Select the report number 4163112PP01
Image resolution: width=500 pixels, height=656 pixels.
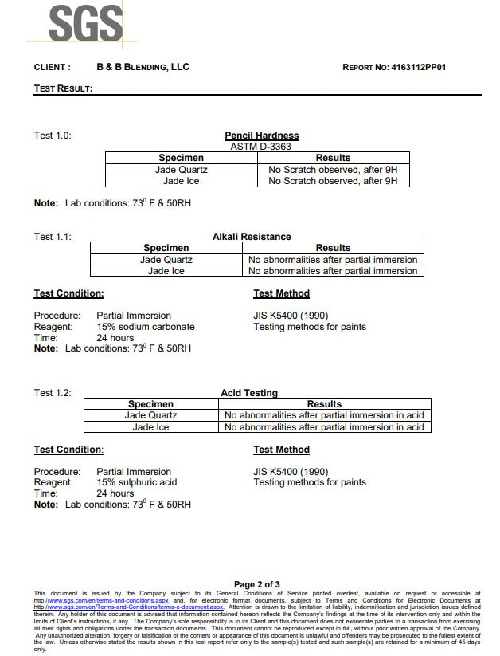(419, 68)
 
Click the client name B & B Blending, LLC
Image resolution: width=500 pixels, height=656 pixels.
(143, 68)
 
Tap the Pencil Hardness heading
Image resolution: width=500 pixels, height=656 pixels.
(261, 136)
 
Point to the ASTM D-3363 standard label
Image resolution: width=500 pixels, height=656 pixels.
(261, 147)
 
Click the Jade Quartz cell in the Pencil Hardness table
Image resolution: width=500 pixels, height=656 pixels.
(182, 170)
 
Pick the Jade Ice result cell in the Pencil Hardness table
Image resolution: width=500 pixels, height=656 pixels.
(333, 181)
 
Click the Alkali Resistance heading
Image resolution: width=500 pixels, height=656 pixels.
(252, 237)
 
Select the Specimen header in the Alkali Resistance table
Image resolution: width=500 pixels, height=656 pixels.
(166, 248)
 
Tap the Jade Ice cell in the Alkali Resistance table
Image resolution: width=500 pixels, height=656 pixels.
(166, 271)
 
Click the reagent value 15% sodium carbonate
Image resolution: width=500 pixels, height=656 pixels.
(145, 327)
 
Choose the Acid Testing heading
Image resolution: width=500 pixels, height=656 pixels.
(249, 393)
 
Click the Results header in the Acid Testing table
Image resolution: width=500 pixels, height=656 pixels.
(324, 404)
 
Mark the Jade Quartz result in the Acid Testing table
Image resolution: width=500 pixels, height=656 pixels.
(324, 415)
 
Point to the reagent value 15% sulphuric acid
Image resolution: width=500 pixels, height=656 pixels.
(136, 482)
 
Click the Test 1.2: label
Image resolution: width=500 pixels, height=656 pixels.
(53, 393)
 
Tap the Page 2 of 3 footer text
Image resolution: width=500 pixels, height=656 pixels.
(256, 584)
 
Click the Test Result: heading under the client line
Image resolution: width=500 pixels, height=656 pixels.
(63, 88)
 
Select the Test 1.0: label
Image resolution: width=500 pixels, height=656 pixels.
(53, 136)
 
